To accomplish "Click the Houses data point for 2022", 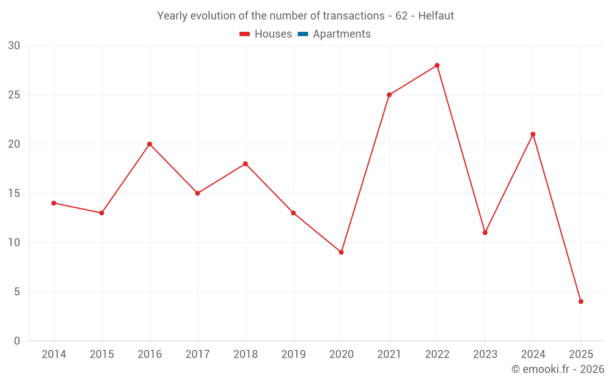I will [437, 65].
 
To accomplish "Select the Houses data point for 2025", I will [580, 301].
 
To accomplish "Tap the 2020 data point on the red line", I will [341, 252].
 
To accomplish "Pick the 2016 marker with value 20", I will [149, 144].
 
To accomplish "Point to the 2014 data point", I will [54, 203].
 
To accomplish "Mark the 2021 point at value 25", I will [389, 95].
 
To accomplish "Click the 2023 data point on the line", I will [485, 233].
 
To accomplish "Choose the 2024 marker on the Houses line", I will [533, 134].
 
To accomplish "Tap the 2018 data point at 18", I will [245, 164].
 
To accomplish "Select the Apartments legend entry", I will [342, 34].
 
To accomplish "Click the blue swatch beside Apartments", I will [303, 34].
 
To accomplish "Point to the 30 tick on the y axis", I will [14, 46].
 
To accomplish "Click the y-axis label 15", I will [14, 194].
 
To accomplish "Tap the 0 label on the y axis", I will [17, 341].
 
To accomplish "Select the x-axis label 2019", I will [293, 354].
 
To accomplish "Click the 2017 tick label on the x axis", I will [197, 354].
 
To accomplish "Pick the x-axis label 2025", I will [580, 354].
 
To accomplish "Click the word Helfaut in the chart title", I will [436, 16].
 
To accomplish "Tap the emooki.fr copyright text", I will [558, 369].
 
